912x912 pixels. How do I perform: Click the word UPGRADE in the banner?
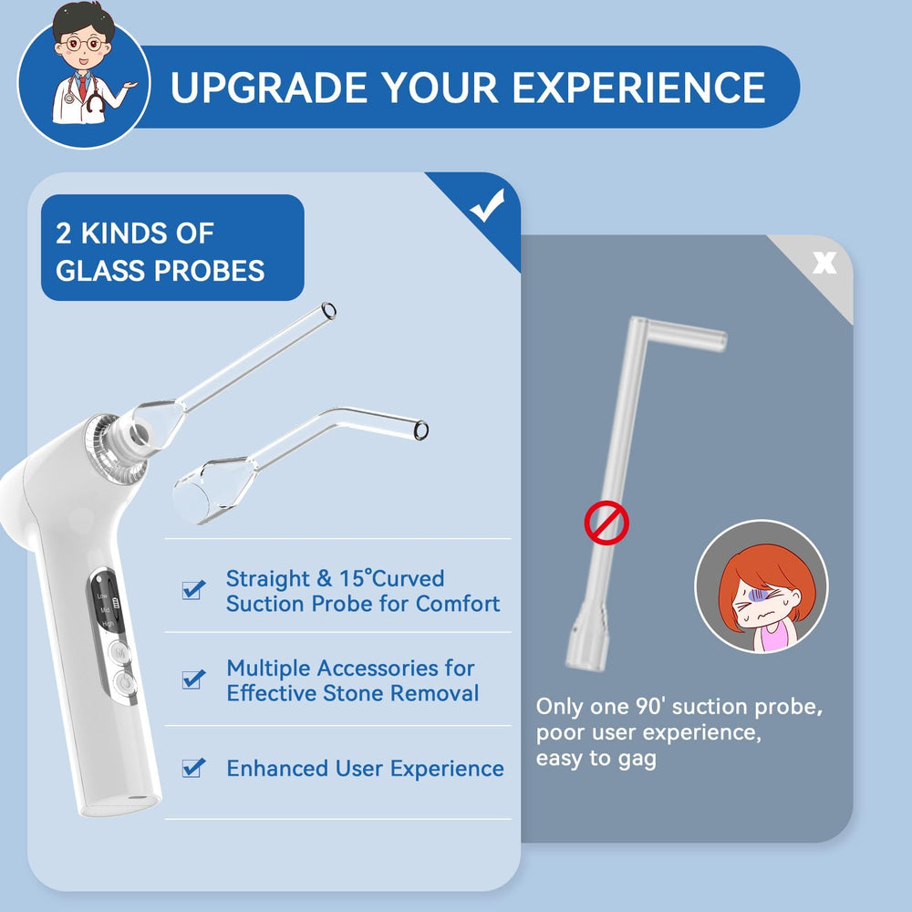[268, 88]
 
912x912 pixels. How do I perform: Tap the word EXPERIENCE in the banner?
[638, 88]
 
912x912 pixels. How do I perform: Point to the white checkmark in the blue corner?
[487, 205]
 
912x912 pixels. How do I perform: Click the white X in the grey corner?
[824, 263]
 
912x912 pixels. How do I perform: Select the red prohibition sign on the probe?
[606, 523]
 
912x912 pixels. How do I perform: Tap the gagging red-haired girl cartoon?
[762, 586]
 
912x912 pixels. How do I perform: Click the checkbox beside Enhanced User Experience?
[193, 768]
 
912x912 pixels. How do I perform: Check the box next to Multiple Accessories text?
[193, 679]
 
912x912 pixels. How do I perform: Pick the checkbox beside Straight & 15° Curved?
[193, 589]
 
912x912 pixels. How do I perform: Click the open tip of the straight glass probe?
[328, 311]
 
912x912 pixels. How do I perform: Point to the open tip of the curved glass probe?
[421, 430]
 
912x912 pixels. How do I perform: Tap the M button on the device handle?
[120, 653]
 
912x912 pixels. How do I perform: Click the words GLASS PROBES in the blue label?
[160, 271]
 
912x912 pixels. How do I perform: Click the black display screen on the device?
[107, 602]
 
